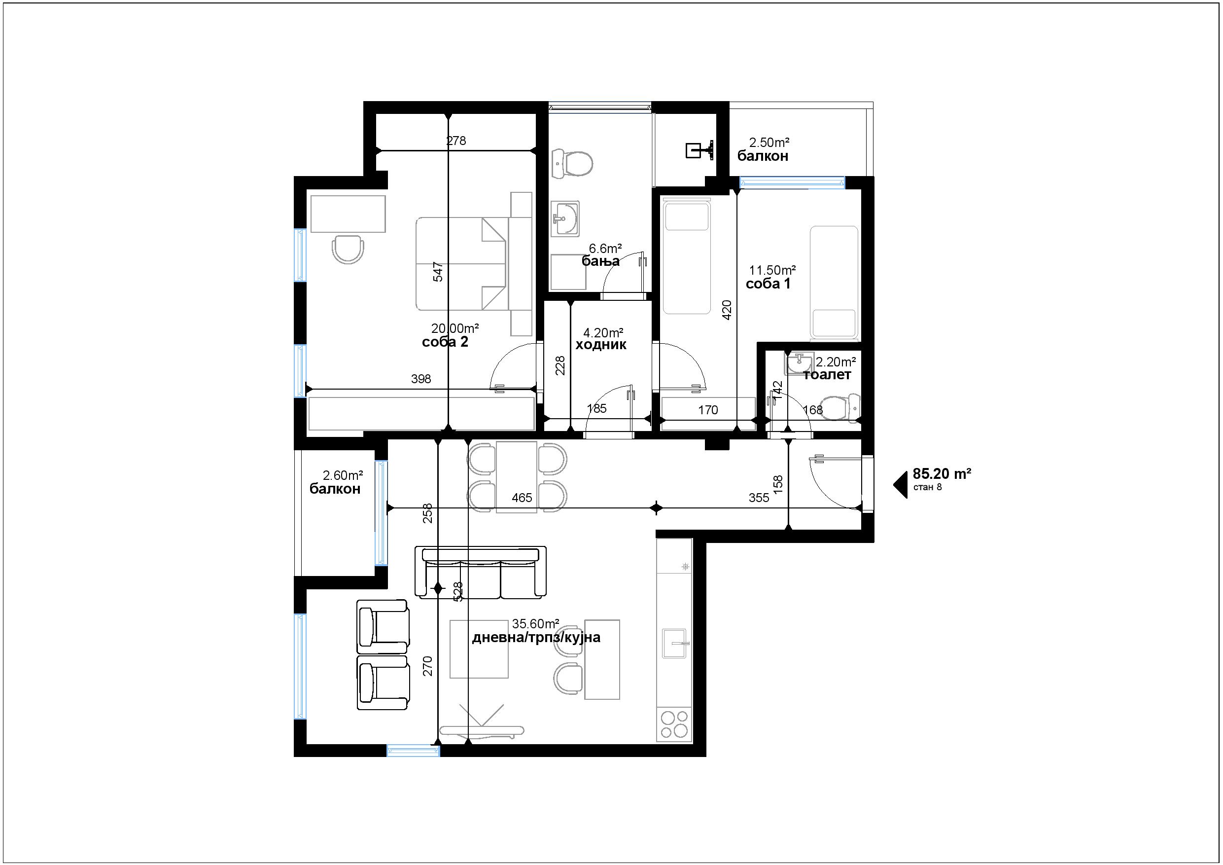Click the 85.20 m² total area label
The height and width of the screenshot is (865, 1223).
[x=942, y=474]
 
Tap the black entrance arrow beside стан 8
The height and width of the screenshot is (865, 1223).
[x=902, y=485]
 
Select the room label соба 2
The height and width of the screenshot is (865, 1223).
[x=445, y=342]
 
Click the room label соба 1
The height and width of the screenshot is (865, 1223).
[x=768, y=284]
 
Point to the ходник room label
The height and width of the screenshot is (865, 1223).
[x=601, y=345]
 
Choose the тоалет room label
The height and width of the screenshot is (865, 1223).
[x=827, y=375]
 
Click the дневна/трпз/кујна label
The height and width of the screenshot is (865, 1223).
[x=536, y=638]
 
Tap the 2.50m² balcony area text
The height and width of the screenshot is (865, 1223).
[x=769, y=143]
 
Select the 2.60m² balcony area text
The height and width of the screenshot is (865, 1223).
[x=343, y=475]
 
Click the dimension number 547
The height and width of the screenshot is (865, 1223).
[x=438, y=272]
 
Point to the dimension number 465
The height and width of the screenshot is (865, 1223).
[x=522, y=498]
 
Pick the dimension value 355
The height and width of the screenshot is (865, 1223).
[x=759, y=498]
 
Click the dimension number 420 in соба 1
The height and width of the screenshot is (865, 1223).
[x=727, y=310]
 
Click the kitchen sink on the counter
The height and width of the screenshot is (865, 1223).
[x=674, y=643]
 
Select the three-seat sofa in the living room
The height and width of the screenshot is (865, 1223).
[x=481, y=572]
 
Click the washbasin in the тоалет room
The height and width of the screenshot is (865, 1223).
[x=799, y=363]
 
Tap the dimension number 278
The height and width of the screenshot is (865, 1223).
[x=456, y=141]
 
